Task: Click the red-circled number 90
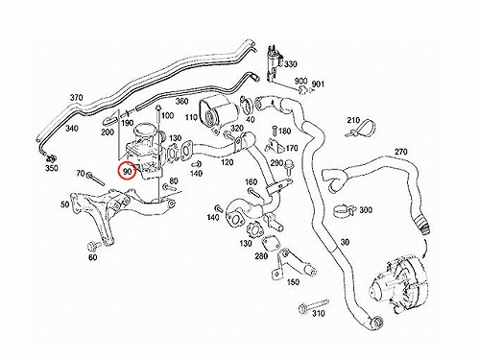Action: pyautogui.click(x=128, y=172)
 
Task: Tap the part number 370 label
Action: pyautogui.click(x=76, y=98)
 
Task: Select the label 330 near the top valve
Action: pyautogui.click(x=291, y=64)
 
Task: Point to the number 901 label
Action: pyautogui.click(x=318, y=84)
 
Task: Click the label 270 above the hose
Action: pyautogui.click(x=400, y=152)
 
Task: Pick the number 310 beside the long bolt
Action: pyautogui.click(x=319, y=313)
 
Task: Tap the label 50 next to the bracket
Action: pyautogui.click(x=65, y=204)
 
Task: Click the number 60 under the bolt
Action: pyautogui.click(x=92, y=257)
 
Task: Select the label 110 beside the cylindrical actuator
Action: pyautogui.click(x=191, y=117)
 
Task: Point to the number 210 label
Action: pyautogui.click(x=353, y=120)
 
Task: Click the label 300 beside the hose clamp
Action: pyautogui.click(x=366, y=210)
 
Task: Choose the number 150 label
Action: pyautogui.click(x=293, y=282)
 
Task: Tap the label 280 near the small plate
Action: pyautogui.click(x=261, y=256)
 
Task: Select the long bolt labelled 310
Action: pyautogui.click(x=313, y=304)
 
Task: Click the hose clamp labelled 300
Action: pyautogui.click(x=345, y=209)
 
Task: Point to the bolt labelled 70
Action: pyautogui.click(x=95, y=179)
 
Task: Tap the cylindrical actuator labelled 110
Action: pyautogui.click(x=219, y=113)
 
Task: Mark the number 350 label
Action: pyautogui.click(x=51, y=168)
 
